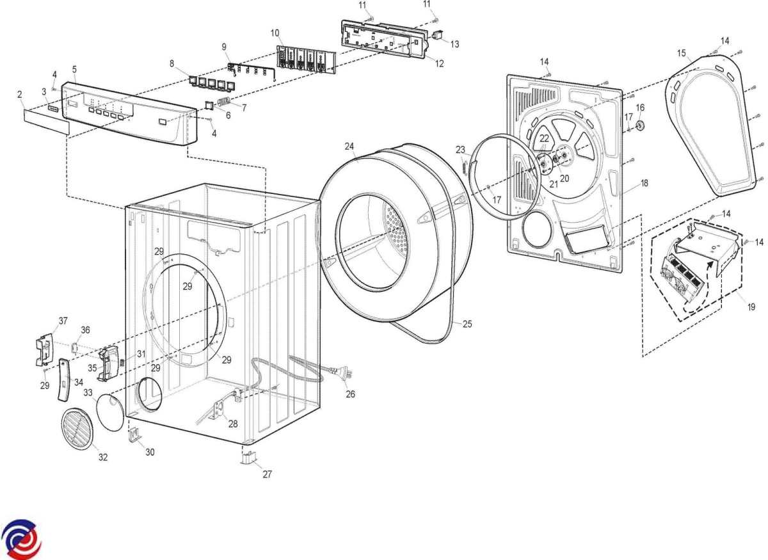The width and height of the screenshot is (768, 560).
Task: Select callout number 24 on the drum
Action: [349, 147]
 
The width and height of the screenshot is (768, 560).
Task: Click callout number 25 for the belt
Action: [467, 324]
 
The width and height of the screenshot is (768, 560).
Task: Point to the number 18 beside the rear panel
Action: [644, 183]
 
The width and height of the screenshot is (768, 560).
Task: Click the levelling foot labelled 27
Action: [248, 457]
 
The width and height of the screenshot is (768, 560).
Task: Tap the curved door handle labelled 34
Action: [64, 379]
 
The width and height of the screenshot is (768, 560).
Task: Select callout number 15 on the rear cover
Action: [681, 52]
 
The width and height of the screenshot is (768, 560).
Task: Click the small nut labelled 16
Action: [639, 122]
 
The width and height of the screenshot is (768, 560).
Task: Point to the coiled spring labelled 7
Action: [224, 103]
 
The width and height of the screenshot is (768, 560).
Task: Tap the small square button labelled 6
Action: [209, 105]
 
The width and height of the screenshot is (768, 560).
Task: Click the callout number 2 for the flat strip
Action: [20, 94]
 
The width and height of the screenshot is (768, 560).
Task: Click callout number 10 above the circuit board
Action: [275, 32]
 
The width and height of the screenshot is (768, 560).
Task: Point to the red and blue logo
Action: [21, 539]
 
